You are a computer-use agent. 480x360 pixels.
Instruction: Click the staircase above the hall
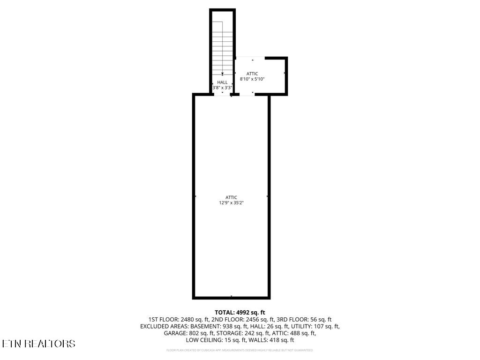pyautogui.click(x=222, y=47)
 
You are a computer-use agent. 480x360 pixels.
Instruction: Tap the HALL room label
pyautogui.click(x=222, y=82)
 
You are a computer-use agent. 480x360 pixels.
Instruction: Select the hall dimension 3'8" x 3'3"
pyautogui.click(x=222, y=88)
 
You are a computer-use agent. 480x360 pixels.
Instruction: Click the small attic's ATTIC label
pyautogui.click(x=253, y=74)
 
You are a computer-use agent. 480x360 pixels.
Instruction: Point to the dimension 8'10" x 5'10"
pyautogui.click(x=253, y=79)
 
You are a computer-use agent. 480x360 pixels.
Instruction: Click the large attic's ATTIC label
pyautogui.click(x=231, y=197)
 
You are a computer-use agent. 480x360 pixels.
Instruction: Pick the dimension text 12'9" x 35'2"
pyautogui.click(x=231, y=203)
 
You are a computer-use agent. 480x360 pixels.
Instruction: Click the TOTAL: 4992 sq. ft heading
pyautogui.click(x=240, y=312)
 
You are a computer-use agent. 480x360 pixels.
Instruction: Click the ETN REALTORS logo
pyautogui.click(x=38, y=344)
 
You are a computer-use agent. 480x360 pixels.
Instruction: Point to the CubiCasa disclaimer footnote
pyautogui.click(x=240, y=350)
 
